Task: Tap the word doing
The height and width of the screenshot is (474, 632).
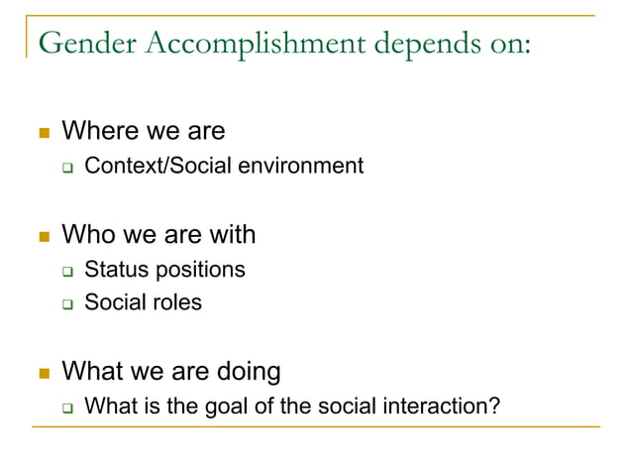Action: coord(245,372)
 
